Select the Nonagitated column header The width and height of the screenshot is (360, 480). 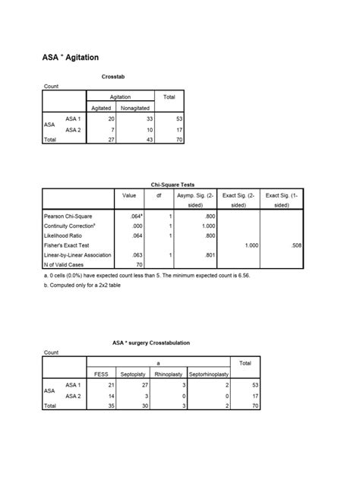(x=137, y=108)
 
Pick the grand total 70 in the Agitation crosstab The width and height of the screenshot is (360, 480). (x=171, y=141)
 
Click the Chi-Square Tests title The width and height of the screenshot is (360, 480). (x=180, y=184)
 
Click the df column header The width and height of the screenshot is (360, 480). (x=159, y=195)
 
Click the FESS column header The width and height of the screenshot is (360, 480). (x=101, y=374)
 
